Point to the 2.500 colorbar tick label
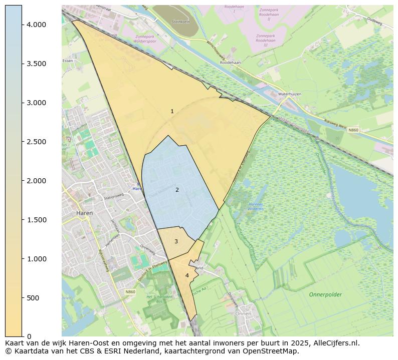[36, 142]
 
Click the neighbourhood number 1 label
[172, 111]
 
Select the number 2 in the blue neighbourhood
[177, 190]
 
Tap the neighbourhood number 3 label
[176, 241]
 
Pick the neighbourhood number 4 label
[187, 275]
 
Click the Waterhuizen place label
[289, 94]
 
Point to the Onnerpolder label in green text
[325, 294]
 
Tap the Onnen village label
[243, 313]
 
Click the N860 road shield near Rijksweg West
[353, 130]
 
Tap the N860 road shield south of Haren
[131, 291]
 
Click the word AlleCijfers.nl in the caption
[335, 343]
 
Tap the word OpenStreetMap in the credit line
[273, 351]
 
